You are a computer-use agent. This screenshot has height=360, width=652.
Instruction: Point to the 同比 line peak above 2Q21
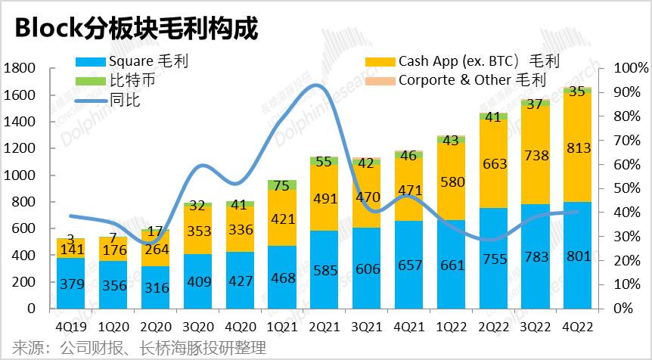(318, 85)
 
